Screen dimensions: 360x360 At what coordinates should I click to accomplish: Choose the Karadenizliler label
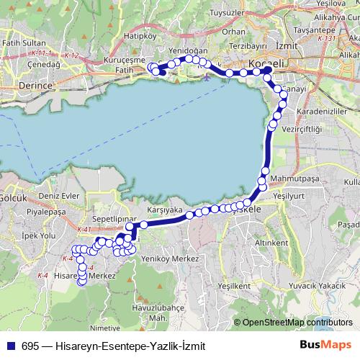pos(317,113)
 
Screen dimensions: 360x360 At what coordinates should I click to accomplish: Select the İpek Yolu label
pos(38,235)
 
